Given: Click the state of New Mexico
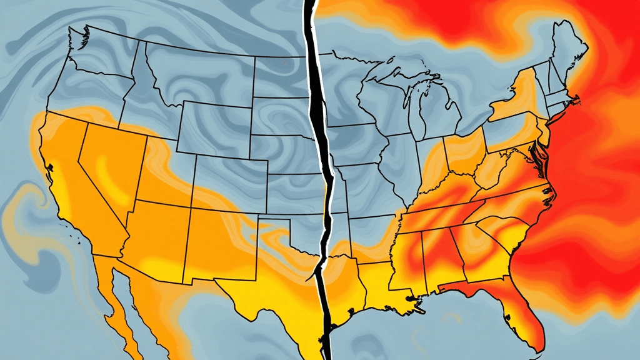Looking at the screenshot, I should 216,241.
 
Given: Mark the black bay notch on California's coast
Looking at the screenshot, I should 48,167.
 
